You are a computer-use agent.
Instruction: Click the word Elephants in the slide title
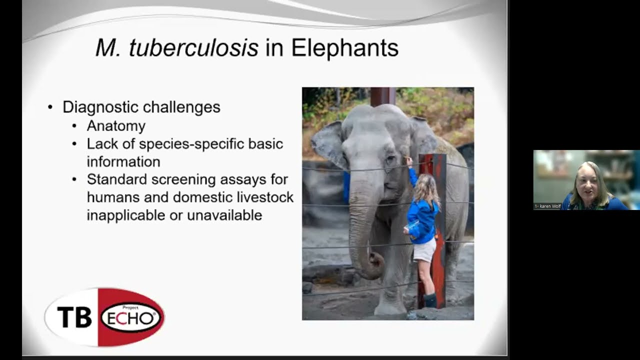(x=344, y=48)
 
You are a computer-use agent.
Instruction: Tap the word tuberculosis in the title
(x=193, y=48)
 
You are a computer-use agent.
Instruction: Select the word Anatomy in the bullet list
(x=116, y=125)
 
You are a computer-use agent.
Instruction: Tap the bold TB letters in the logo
(x=74, y=317)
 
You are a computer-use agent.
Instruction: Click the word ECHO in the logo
(x=131, y=318)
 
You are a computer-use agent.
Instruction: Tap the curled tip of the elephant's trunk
(x=375, y=262)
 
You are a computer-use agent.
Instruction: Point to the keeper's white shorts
(x=424, y=250)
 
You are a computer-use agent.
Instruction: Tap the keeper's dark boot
(x=430, y=300)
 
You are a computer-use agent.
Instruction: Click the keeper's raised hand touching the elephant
(x=409, y=160)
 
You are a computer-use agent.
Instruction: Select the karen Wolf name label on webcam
(x=548, y=206)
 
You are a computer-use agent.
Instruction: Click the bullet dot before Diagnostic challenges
(x=50, y=107)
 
